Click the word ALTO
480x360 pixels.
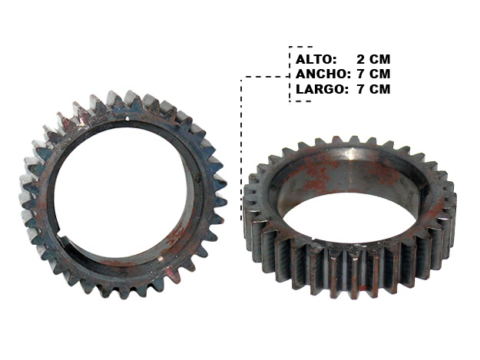[314, 59]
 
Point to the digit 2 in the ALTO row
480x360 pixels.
[361, 59]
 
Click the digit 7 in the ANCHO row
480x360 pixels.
[361, 74]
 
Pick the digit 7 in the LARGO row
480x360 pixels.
[361, 89]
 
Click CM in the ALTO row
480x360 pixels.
[379, 59]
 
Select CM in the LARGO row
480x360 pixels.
[379, 89]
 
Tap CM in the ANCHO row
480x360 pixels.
[379, 74]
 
